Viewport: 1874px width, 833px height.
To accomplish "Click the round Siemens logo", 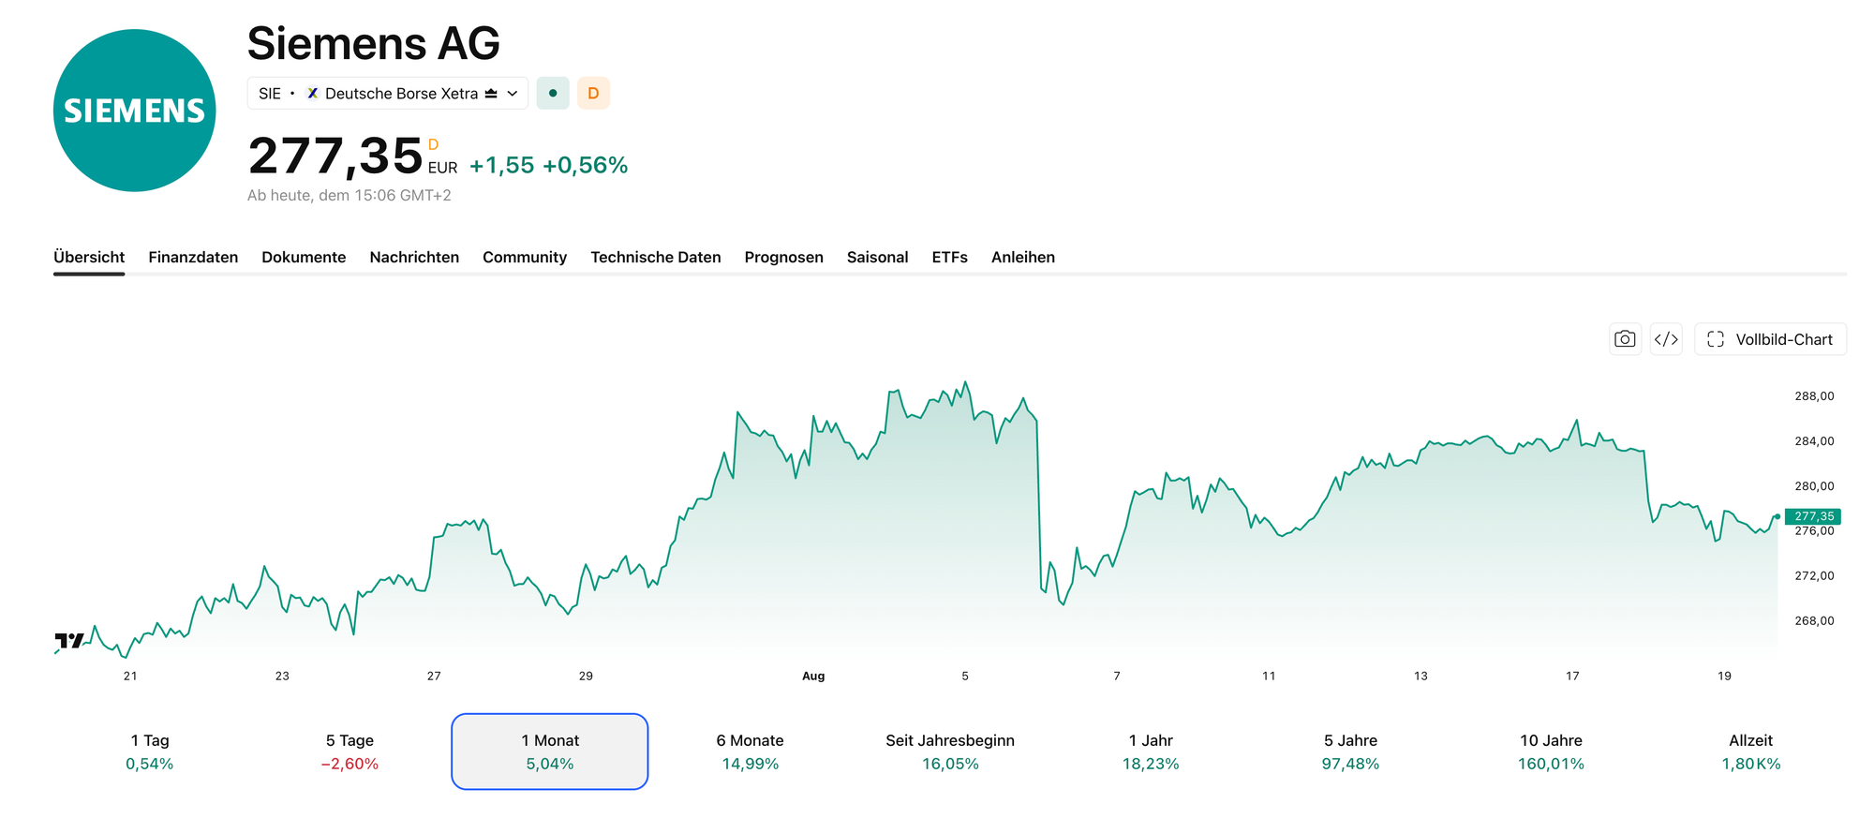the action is pos(135,111).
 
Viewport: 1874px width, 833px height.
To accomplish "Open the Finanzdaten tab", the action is pos(193,257).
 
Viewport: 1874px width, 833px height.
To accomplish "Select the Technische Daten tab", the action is pos(656,257).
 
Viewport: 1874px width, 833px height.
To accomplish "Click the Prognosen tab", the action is pos(784,257).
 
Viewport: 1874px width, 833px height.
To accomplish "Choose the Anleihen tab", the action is pos(1023,257).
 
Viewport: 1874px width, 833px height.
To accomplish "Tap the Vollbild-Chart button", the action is pos(1771,339).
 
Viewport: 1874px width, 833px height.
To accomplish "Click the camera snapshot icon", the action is pos(1626,339).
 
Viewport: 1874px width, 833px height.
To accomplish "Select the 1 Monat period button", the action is pos(550,751).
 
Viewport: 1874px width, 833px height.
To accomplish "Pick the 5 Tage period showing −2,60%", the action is pos(350,751).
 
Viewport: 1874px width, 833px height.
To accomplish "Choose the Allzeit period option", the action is pos(1750,751).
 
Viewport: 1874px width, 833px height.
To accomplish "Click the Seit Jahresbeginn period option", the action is pos(950,751).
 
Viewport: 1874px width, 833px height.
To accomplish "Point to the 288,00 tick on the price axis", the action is pos(1814,396).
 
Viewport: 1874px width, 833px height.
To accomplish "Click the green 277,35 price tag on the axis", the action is pos(1813,516).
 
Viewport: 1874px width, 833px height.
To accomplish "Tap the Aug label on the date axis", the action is pos(813,676).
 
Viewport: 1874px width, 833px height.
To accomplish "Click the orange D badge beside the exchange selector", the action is pos(593,93).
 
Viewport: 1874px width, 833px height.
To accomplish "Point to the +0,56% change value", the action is pos(586,165).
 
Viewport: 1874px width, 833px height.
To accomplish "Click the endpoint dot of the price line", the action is pos(1777,516).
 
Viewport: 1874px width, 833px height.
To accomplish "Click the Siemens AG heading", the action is pos(373,43).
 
